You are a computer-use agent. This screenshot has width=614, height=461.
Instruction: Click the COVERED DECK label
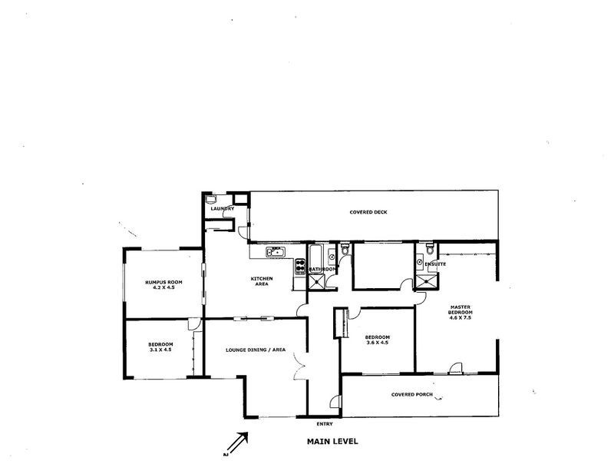[368, 211]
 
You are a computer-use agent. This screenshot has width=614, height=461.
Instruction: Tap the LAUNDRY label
[223, 209]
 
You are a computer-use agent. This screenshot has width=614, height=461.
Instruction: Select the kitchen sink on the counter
[275, 251]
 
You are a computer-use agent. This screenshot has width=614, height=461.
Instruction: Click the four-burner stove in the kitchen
[299, 265]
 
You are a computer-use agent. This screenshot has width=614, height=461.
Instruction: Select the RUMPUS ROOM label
[162, 281]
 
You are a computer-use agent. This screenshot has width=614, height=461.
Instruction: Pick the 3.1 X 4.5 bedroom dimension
[160, 350]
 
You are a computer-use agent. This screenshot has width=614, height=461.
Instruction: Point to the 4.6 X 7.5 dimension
[462, 320]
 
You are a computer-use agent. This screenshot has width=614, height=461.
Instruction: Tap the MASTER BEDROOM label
[462, 310]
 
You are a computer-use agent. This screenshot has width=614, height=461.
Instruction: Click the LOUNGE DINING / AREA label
[256, 350]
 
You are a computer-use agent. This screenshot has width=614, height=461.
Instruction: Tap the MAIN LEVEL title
[332, 442]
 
